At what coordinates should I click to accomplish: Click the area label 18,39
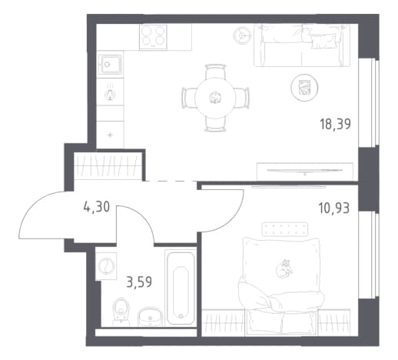335,125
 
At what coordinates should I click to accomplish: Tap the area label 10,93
333,208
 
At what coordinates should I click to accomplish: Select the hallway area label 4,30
97,207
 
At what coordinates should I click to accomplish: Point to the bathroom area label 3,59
139,282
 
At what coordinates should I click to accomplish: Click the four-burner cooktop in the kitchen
153,37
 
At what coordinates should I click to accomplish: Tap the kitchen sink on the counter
110,64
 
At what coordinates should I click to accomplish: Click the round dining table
215,98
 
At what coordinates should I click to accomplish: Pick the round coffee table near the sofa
304,88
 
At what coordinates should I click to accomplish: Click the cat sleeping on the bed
284,268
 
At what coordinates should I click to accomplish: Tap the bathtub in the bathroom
181,288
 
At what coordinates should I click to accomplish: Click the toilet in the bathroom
121,312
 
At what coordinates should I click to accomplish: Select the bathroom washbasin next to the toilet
150,317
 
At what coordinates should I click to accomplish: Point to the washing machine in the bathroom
106,266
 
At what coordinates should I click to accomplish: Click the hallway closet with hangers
108,166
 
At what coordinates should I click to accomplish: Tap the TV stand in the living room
305,171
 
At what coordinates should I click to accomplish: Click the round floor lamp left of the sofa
242,35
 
